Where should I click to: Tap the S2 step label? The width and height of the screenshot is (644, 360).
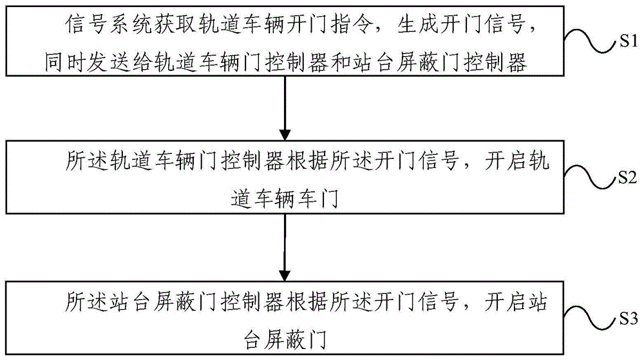tap(627, 177)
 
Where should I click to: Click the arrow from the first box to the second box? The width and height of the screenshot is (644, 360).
tap(285, 108)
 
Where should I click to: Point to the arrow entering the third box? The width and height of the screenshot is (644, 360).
tap(285, 247)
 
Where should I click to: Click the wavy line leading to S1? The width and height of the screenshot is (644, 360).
tap(591, 41)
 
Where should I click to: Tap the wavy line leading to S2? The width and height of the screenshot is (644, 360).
tap(591, 177)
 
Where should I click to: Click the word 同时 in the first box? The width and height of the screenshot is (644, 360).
tap(65, 63)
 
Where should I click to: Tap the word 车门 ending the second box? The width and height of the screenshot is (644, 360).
tap(317, 199)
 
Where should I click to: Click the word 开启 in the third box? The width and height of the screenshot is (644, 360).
tap(505, 302)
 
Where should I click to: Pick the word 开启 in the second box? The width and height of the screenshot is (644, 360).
tap(505, 160)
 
